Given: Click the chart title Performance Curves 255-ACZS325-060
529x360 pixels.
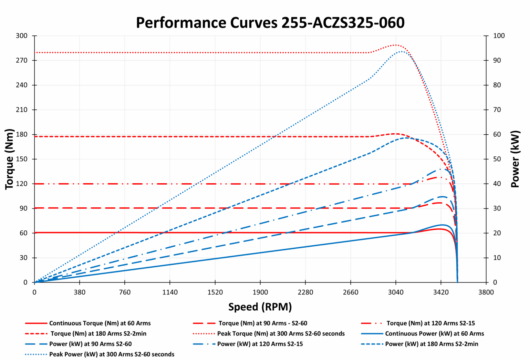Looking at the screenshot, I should click(x=270, y=23).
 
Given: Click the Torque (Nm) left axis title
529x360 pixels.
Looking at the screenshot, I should click(x=9, y=159).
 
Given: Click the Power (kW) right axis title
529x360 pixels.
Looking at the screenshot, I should click(x=515, y=159).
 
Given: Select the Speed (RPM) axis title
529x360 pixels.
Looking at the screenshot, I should click(x=260, y=307).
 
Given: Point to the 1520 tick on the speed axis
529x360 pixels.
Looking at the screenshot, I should click(x=215, y=292).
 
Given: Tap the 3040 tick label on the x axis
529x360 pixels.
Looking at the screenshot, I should click(x=396, y=292).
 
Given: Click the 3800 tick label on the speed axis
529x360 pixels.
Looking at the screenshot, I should click(x=486, y=292).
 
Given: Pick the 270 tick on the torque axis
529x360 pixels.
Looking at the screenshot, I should click(x=21, y=60).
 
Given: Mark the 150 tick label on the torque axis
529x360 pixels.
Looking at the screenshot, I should click(x=21, y=159).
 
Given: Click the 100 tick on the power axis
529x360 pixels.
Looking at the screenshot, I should click(x=499, y=36).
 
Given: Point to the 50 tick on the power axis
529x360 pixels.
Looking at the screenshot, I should click(x=497, y=159).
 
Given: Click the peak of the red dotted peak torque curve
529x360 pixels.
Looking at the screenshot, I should click(x=396, y=45).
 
